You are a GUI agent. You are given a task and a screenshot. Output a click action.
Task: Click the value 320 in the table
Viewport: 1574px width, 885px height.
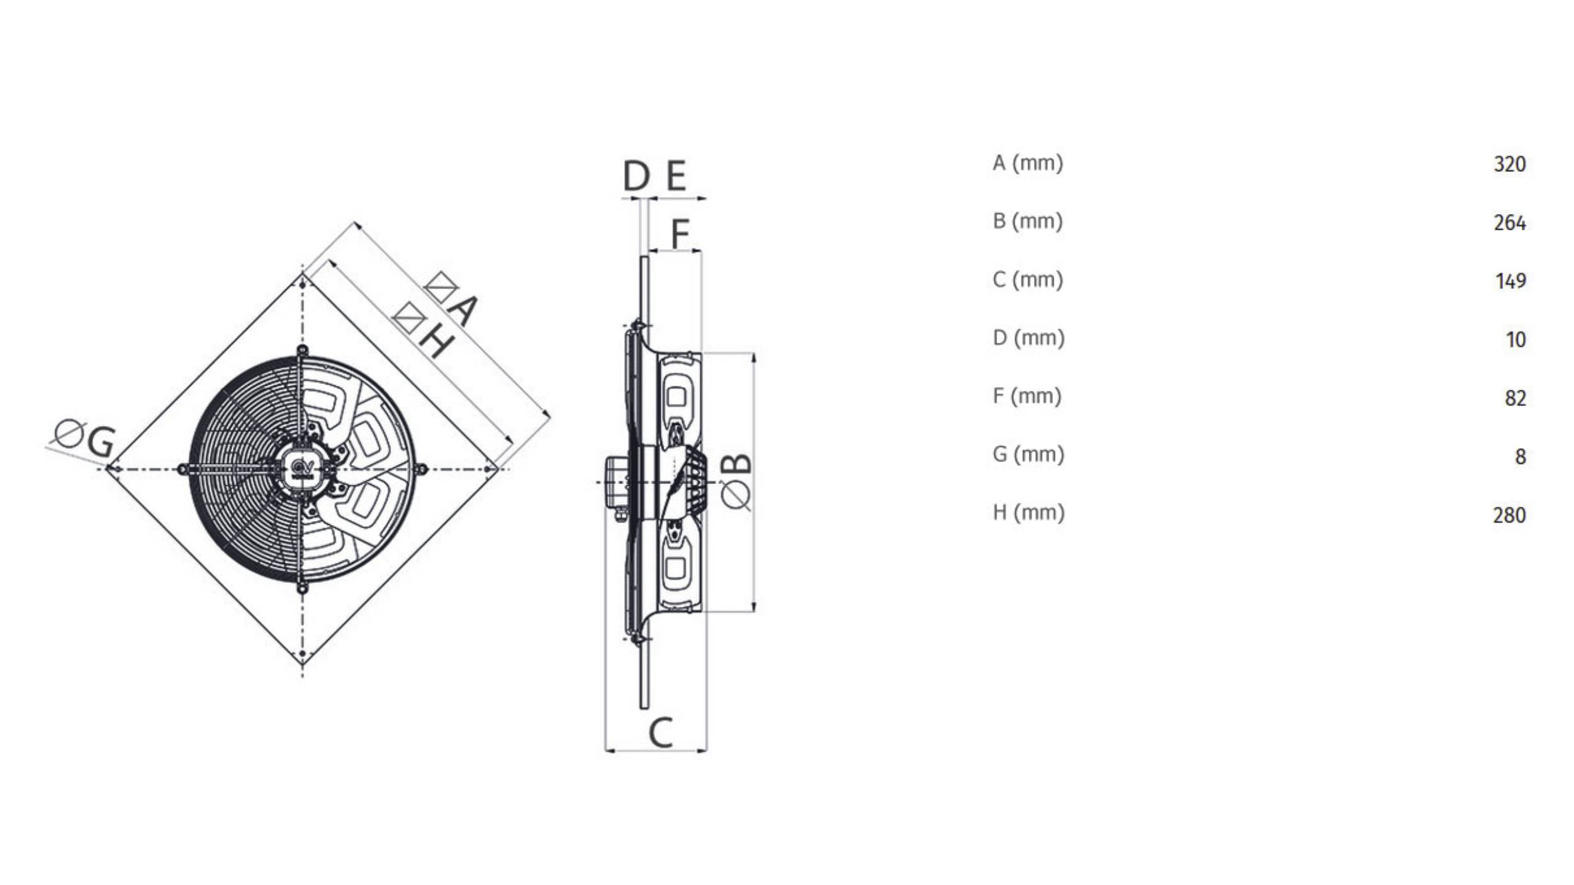pyautogui.click(x=1509, y=164)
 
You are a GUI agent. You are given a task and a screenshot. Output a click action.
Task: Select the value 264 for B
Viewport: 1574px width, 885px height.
pyautogui.click(x=1509, y=223)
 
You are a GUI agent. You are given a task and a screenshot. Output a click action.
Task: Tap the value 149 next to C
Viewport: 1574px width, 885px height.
pyautogui.click(x=1510, y=281)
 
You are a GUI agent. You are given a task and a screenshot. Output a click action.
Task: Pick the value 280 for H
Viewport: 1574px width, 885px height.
pyautogui.click(x=1509, y=516)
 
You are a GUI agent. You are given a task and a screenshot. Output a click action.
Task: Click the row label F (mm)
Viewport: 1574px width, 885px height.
pyautogui.click(x=1026, y=397)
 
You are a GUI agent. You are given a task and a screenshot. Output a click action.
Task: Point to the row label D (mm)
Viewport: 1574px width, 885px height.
pyautogui.click(x=1028, y=338)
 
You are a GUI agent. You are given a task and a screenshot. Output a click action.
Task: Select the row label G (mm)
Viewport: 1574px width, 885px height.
pyautogui.click(x=1028, y=454)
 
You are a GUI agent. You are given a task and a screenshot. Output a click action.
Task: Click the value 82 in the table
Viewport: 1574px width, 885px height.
pyautogui.click(x=1515, y=398)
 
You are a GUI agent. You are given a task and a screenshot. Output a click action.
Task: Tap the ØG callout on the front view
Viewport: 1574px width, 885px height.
pyautogui.click(x=85, y=438)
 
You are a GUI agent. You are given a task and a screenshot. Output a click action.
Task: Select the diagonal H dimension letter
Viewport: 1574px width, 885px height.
pyautogui.click(x=436, y=341)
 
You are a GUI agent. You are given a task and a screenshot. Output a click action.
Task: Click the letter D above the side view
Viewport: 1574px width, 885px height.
pyautogui.click(x=636, y=176)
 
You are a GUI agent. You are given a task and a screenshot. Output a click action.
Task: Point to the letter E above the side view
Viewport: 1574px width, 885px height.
pyautogui.click(x=675, y=176)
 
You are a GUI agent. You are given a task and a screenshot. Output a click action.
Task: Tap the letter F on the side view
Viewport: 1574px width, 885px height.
pyautogui.click(x=680, y=234)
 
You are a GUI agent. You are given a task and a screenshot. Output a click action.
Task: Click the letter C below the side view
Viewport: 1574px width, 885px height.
pyautogui.click(x=660, y=733)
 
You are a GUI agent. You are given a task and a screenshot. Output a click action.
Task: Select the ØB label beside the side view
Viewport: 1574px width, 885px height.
pyautogui.click(x=736, y=481)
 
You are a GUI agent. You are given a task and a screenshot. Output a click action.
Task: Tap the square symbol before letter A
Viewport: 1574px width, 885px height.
pyautogui.click(x=441, y=288)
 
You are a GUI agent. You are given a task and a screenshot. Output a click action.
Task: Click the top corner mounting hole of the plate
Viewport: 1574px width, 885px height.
pyautogui.click(x=303, y=285)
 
